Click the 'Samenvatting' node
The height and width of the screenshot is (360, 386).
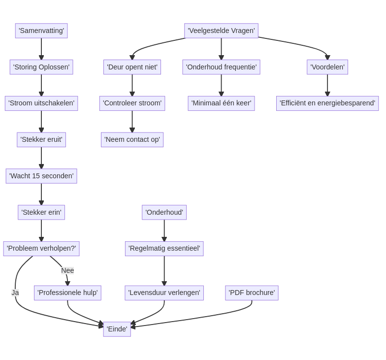(x=41, y=31)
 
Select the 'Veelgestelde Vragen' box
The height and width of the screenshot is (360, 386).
(x=221, y=31)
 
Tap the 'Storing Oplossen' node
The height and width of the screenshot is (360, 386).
(x=41, y=67)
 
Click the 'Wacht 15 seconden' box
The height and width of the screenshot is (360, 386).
(x=41, y=176)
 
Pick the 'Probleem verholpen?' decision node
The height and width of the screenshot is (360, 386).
(x=41, y=248)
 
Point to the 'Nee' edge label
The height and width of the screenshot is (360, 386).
(x=67, y=270)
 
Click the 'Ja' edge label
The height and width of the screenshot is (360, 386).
(x=15, y=293)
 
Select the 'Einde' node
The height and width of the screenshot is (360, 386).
(x=117, y=329)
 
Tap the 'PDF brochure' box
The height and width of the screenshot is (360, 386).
(x=252, y=293)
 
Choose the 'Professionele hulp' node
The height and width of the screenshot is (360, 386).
(x=67, y=293)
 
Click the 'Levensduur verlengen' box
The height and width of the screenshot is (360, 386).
(x=164, y=293)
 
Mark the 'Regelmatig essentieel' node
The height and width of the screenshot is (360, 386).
(x=164, y=248)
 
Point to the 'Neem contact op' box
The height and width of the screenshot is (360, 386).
(x=132, y=139)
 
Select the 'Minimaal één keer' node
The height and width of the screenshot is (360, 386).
(x=221, y=103)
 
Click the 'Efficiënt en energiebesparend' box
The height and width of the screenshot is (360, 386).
(x=327, y=103)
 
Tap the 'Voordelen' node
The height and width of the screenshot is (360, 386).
(x=327, y=67)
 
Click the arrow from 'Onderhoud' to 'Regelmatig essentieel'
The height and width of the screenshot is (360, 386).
(x=164, y=230)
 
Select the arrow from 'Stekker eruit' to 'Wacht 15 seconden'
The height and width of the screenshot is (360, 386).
(x=41, y=158)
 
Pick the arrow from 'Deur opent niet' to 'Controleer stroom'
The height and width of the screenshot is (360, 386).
(x=132, y=85)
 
